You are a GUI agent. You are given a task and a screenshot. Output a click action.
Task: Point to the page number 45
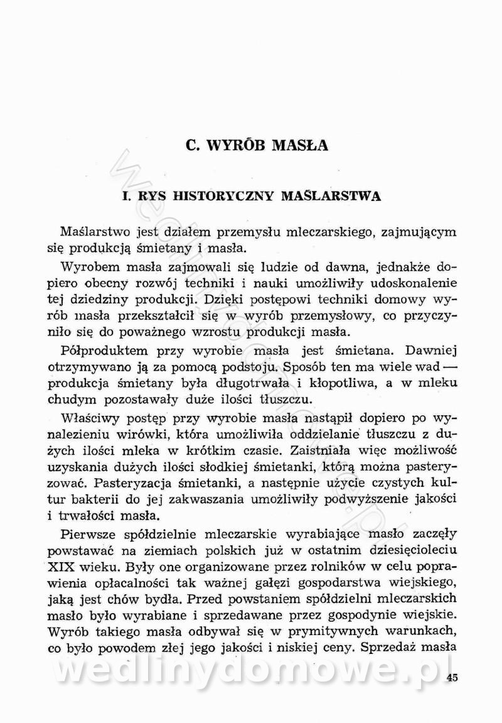coord(453,677)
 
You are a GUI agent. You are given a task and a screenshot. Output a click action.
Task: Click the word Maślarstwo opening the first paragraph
coord(99,232)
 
